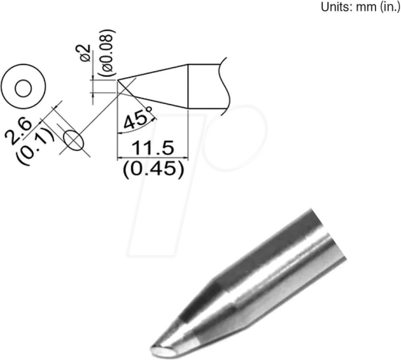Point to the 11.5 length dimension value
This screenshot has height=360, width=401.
(x=152, y=148)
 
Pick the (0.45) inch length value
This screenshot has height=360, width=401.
(x=153, y=169)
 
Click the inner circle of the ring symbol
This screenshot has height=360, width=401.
(x=24, y=88)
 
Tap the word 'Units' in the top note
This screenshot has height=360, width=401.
(x=321, y=8)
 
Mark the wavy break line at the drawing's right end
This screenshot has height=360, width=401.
(x=223, y=86)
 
